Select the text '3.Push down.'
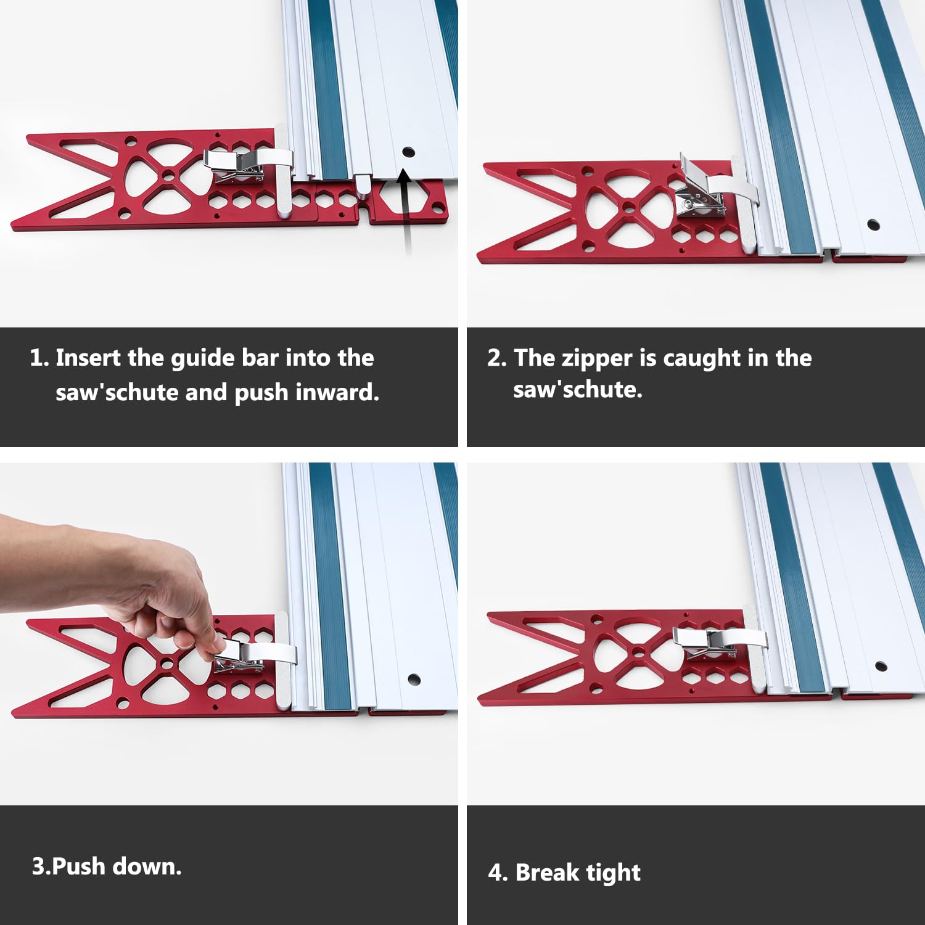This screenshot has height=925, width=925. (x=107, y=866)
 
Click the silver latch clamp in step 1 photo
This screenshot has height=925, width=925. (x=237, y=165)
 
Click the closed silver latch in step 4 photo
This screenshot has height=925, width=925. (x=706, y=641)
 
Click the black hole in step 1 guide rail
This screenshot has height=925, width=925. (x=408, y=152)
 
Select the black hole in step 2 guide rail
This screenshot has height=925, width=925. (x=873, y=224)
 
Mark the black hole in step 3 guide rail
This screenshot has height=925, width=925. (x=414, y=680)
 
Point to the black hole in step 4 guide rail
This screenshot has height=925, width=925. (x=881, y=666)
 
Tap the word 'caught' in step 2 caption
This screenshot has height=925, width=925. (x=702, y=358)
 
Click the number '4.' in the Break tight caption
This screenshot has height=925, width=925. (x=498, y=873)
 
